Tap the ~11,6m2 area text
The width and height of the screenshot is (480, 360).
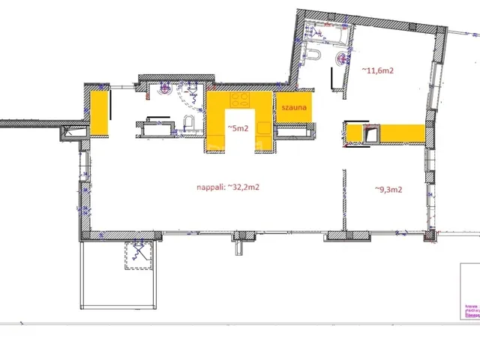pyautogui.click(x=378, y=70)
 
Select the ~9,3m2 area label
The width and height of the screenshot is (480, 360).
pyautogui.click(x=388, y=190)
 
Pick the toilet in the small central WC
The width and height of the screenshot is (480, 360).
pyautogui.click(x=188, y=124)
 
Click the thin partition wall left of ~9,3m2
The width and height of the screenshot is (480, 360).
pyautogui.click(x=344, y=199)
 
